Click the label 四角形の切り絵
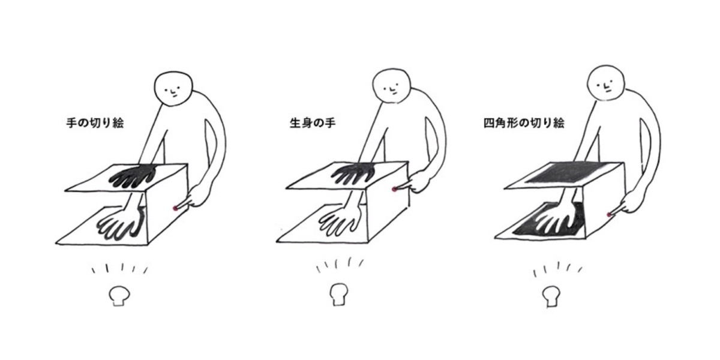524,122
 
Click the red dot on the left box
175,208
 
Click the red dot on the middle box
394,190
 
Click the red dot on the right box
609,214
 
